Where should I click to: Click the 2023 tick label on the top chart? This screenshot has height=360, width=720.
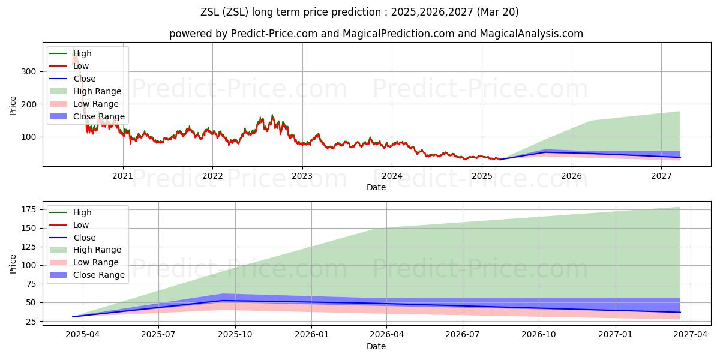pos(302,176)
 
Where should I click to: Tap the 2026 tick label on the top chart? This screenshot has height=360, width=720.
pos(571,176)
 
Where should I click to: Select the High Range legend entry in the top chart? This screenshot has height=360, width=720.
pos(97,91)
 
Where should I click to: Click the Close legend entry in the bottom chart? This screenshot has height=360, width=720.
pos(84,238)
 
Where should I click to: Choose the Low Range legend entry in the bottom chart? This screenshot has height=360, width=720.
pos(96,262)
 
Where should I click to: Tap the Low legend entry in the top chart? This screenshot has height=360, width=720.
pos(81,66)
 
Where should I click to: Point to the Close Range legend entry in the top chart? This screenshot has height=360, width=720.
pos(99,116)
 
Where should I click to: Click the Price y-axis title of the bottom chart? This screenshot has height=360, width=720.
pos(13,263)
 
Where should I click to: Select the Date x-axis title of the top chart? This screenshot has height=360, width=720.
pos(376,187)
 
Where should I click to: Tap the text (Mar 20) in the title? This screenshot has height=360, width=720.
pos(500,12)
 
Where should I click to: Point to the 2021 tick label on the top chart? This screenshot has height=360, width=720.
pos(123,176)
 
